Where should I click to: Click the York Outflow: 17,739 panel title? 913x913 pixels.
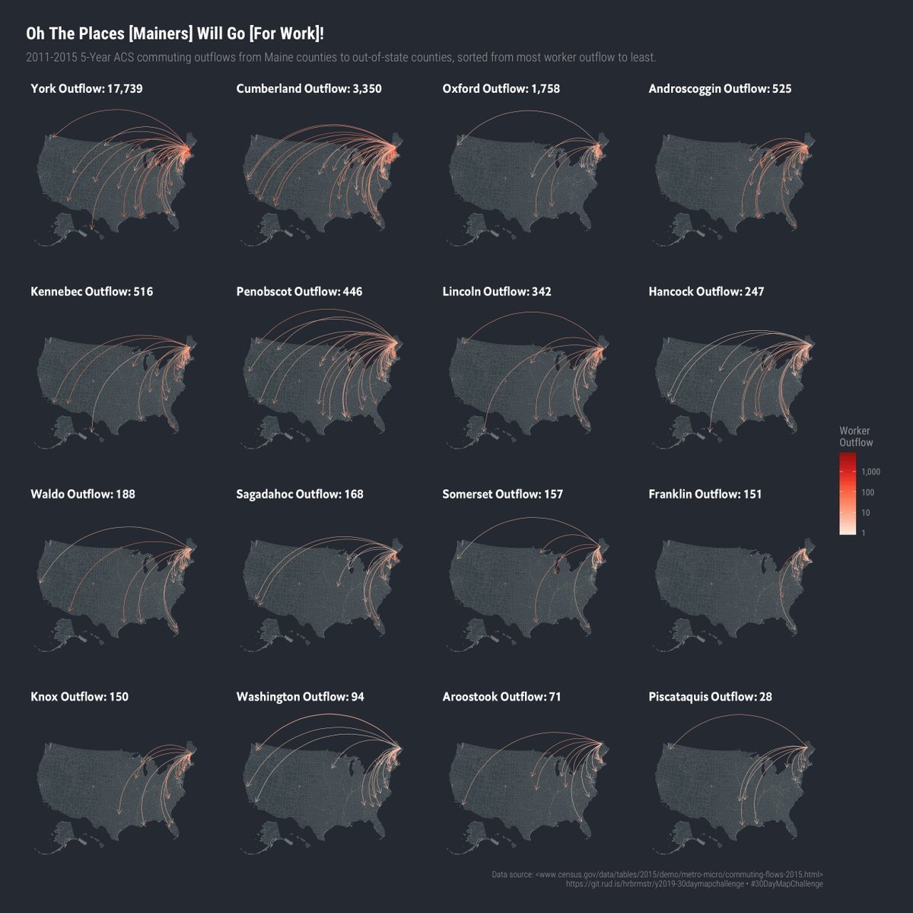87,89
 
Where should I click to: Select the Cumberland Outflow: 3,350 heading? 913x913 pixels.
309,89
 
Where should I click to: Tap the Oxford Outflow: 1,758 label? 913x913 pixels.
501,89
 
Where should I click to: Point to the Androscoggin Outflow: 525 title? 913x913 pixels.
720,89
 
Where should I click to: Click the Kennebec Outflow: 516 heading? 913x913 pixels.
91,291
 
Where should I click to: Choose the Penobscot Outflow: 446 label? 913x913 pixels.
299,291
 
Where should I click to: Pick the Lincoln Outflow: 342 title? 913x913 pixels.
497,291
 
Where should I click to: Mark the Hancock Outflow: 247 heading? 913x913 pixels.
706,291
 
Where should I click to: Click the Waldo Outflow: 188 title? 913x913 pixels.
83,494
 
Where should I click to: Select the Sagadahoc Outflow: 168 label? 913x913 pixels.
300,494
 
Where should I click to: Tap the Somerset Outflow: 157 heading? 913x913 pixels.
502,494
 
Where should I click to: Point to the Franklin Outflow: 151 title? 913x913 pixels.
705,494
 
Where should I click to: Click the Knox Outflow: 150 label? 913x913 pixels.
79,696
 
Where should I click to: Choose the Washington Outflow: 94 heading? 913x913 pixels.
300,696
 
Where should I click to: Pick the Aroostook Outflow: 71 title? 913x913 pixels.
501,696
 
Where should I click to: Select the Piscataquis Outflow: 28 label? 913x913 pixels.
710,696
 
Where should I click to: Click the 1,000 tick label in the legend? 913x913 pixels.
871,472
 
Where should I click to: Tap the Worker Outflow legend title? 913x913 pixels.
856,437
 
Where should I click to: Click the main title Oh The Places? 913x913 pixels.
180,33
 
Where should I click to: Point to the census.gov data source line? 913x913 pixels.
657,874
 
